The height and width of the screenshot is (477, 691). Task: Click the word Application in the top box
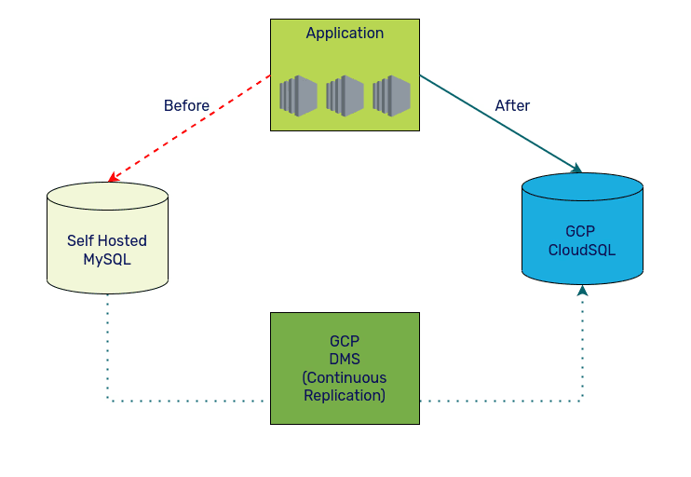point(345,34)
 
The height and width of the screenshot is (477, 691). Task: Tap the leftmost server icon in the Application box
point(298,96)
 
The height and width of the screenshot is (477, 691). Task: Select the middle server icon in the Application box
point(345,96)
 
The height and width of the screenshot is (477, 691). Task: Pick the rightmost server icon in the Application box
point(391,96)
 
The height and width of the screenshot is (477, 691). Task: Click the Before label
point(186,106)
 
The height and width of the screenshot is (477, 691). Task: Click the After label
point(512,106)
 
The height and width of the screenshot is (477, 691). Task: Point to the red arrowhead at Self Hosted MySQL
point(112,178)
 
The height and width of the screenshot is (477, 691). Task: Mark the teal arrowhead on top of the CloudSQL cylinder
point(576,169)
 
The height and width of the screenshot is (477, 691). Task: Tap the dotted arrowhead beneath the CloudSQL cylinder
point(582,291)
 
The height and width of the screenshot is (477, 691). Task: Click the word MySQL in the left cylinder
point(107,259)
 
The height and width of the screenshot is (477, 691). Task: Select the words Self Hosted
point(107,240)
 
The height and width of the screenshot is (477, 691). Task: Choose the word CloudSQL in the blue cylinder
point(582,250)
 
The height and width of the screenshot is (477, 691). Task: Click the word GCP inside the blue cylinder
point(582,231)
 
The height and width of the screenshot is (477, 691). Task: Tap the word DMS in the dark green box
point(345,360)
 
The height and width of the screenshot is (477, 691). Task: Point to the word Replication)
point(345,395)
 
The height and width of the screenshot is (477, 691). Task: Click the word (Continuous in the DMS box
point(345,377)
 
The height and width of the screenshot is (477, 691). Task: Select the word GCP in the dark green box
point(345,342)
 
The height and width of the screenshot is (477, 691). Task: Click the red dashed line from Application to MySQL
point(191,127)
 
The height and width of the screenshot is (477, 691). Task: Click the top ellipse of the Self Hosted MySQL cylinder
point(107,196)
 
